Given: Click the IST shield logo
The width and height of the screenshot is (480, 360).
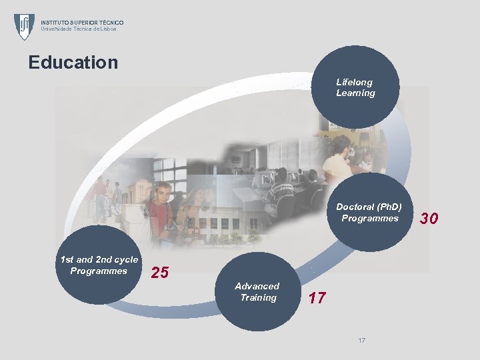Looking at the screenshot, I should pyautogui.click(x=24, y=26).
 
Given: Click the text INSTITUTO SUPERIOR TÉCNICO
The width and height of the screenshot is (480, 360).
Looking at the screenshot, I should pyautogui.click(x=82, y=23).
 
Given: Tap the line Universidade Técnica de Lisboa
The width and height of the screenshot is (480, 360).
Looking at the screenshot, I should pyautogui.click(x=78, y=29).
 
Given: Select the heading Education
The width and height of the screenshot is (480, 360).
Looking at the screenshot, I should pyautogui.click(x=73, y=63).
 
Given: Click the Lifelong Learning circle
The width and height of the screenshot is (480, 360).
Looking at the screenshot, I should pyautogui.click(x=357, y=86).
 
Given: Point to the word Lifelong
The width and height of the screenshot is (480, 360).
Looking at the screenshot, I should pyautogui.click(x=354, y=82).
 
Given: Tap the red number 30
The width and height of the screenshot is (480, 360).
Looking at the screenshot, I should pyautogui.click(x=429, y=218).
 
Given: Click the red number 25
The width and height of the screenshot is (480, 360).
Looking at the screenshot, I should pyautogui.click(x=160, y=272).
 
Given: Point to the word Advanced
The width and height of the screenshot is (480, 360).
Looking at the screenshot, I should pyautogui.click(x=257, y=286).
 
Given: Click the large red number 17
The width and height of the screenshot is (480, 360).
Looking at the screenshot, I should pyautogui.click(x=317, y=298).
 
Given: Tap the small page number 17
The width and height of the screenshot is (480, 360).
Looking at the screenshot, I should pyautogui.click(x=361, y=341).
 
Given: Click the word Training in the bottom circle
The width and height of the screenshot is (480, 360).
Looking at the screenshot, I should pyautogui.click(x=258, y=297).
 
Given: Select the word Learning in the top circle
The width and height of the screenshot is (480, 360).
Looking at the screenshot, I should pyautogui.click(x=355, y=93).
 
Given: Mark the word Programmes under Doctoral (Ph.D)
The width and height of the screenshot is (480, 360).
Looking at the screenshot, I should pyautogui.click(x=370, y=218).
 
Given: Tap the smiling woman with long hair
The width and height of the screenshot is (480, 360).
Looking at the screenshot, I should pyautogui.click(x=197, y=210).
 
